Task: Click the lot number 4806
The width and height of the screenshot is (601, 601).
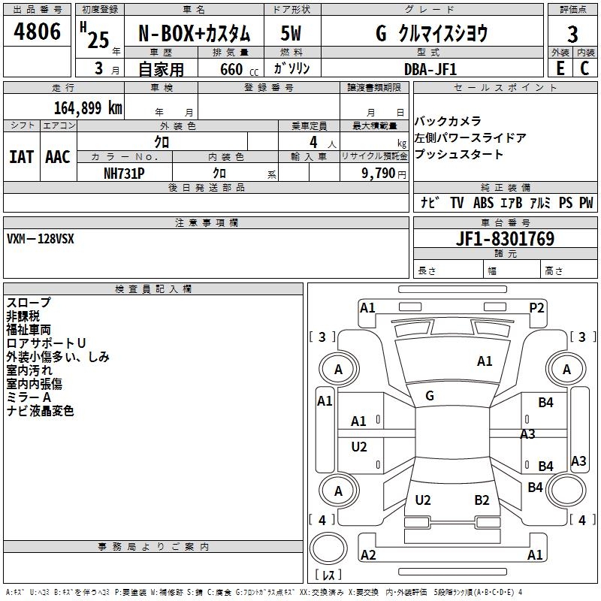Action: click(37, 33)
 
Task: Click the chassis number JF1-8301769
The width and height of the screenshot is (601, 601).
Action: click(505, 239)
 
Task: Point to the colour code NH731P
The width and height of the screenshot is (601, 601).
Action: click(124, 172)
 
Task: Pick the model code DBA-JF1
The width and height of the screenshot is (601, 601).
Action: click(430, 68)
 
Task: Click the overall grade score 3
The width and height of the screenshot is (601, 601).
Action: click(572, 34)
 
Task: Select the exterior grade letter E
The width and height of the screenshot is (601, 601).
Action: click(560, 68)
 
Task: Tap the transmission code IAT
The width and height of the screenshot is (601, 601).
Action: click(21, 157)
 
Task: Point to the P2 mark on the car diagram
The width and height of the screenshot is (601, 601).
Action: click(536, 307)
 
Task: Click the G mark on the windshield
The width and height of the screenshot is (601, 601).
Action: click(430, 396)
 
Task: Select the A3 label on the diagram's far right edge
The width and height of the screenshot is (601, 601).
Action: click(578, 461)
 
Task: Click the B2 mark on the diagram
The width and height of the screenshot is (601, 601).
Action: click(482, 500)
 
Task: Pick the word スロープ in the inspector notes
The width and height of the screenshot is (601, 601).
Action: click(29, 302)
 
